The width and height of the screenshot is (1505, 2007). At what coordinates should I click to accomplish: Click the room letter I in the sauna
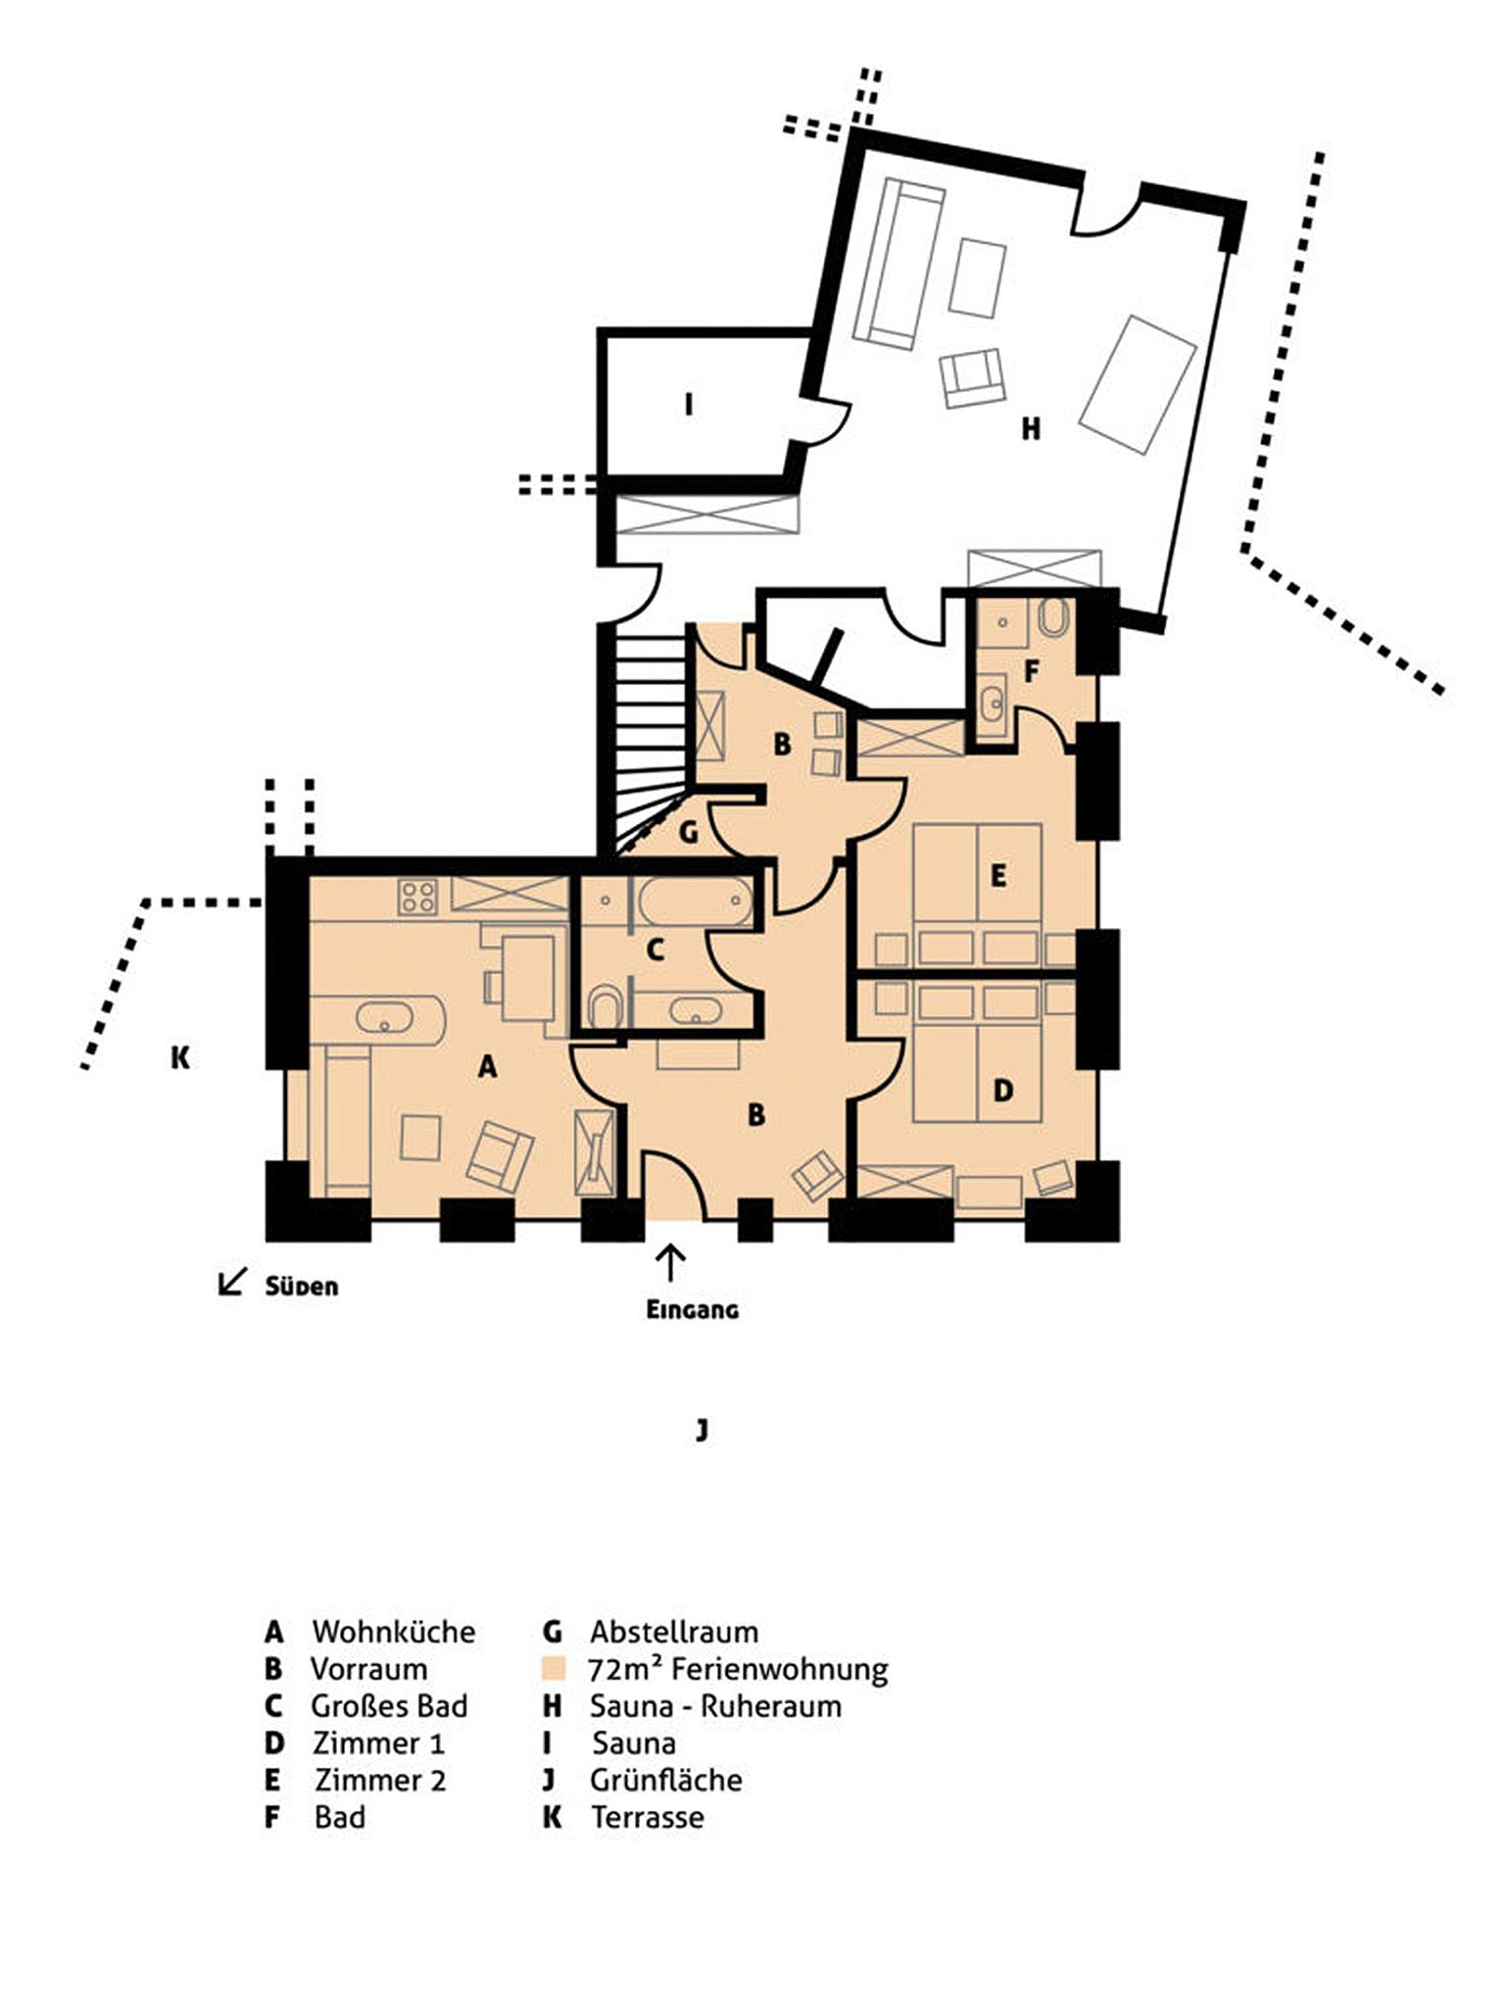point(689,404)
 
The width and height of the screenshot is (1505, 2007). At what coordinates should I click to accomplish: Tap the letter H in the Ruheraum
point(1031,428)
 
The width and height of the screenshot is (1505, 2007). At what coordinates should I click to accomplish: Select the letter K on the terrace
point(180,1057)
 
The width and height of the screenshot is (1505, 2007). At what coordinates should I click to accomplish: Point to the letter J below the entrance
point(702,1430)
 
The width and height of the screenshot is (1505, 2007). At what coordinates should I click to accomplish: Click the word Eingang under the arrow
point(692,1309)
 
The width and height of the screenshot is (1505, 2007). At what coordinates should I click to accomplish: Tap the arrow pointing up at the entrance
point(671,1262)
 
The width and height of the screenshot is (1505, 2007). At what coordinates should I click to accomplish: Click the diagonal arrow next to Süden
point(231,1282)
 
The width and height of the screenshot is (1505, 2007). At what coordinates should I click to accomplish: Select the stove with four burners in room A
point(417,897)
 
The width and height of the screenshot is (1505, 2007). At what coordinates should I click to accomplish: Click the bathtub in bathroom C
point(694,902)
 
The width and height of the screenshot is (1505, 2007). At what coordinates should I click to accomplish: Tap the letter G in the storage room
point(689,832)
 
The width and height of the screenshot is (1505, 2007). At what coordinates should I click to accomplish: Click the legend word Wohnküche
point(394,1632)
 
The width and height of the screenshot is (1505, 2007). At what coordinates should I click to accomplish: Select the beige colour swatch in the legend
point(555,1668)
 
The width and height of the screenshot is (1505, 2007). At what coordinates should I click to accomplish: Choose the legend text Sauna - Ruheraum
point(715,1706)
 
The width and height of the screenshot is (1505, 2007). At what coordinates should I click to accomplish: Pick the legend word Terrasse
point(648,1817)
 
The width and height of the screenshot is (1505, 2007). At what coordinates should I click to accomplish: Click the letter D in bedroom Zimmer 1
point(1003,1091)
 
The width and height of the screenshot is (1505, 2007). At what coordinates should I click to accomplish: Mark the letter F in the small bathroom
point(1031,671)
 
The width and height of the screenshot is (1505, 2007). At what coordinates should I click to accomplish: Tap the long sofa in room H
point(898,264)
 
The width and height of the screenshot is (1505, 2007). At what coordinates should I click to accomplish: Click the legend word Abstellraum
point(674,1632)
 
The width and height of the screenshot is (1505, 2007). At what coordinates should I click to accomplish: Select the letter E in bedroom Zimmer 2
point(998,875)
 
